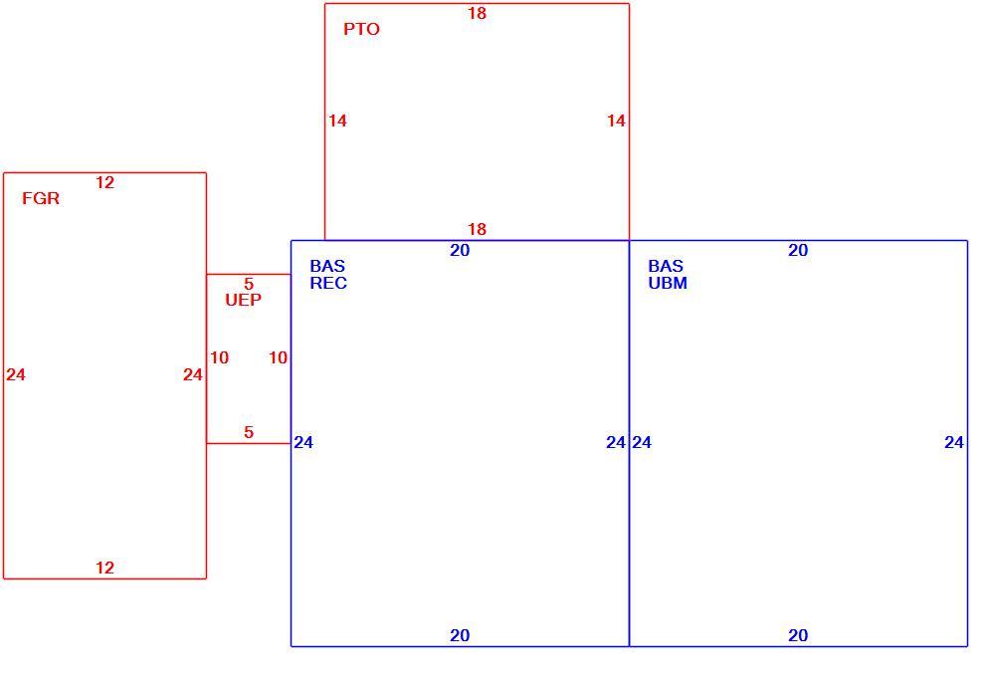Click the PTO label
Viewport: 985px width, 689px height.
coord(361,29)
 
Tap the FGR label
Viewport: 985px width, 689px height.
coord(41,199)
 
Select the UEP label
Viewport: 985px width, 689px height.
coord(243,300)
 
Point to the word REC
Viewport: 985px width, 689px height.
coord(328,283)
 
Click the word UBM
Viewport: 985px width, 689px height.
coord(668,283)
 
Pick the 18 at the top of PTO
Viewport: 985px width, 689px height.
coord(477,13)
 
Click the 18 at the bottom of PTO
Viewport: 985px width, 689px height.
coord(477,229)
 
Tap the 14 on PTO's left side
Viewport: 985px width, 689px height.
coord(337,120)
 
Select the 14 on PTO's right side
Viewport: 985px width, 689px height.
coord(616,120)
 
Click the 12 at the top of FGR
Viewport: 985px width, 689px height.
coord(104,182)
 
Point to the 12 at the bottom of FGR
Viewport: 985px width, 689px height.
coord(104,568)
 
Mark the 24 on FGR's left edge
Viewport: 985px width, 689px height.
coord(16,374)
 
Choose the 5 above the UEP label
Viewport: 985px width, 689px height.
coord(249,284)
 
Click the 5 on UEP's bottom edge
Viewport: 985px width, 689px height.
coord(249,432)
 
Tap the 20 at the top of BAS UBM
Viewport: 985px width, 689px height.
coord(798,250)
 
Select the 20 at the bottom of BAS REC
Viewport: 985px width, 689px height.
coord(460,635)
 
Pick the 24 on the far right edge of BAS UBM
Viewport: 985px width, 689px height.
coord(953,442)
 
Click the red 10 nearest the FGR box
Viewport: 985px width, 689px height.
coord(219,357)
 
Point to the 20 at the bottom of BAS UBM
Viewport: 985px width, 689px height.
coord(798,635)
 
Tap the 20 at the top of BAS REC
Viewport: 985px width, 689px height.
coord(460,250)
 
